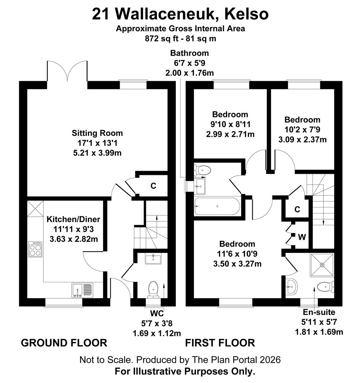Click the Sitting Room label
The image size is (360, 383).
(x=97, y=133)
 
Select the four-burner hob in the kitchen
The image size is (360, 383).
(x=35, y=249)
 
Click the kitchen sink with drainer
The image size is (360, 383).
(x=82, y=290)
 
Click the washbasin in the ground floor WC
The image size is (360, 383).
(x=153, y=259)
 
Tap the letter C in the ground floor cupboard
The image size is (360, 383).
(x=153, y=185)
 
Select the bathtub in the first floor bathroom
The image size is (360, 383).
(x=217, y=206)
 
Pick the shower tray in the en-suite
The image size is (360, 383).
(x=322, y=265)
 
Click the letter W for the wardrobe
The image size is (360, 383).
(x=302, y=237)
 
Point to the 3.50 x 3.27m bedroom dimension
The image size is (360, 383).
(x=237, y=264)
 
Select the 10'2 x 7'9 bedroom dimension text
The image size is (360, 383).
(x=302, y=129)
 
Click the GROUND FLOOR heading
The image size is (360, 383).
(x=64, y=343)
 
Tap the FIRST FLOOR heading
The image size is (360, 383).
(x=220, y=343)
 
